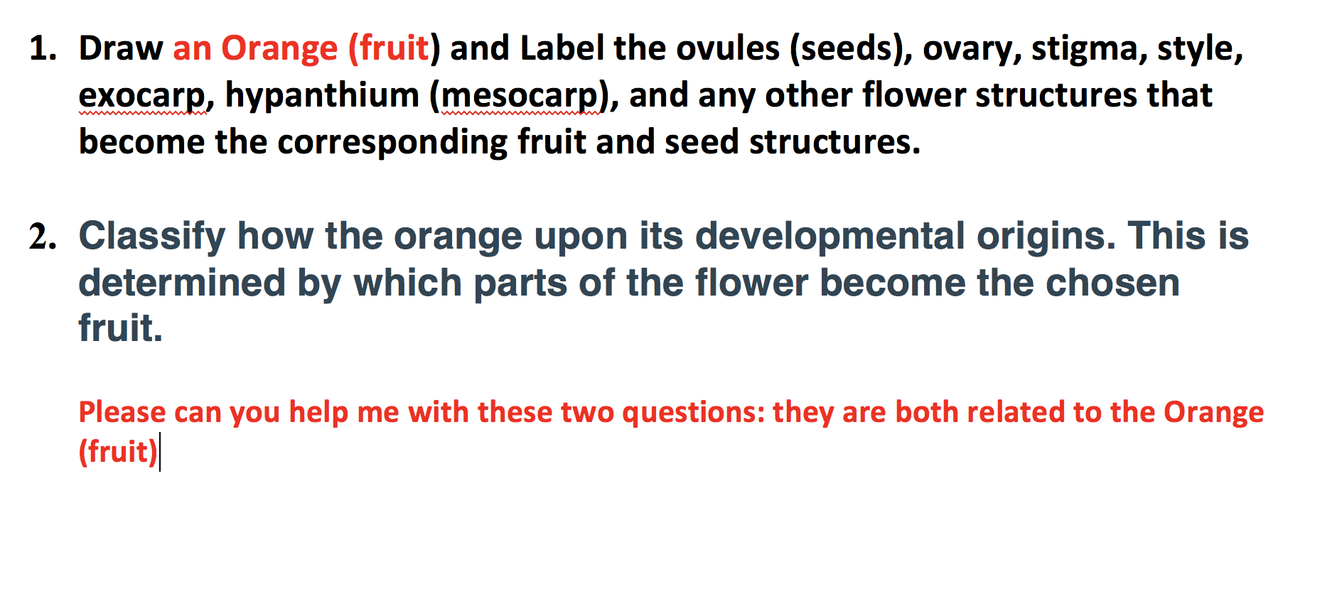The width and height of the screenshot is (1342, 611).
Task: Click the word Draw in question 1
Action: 121,49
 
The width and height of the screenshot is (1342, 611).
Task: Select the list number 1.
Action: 43,49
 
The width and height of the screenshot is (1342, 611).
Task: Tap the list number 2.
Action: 43,237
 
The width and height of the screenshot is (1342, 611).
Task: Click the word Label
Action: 562,49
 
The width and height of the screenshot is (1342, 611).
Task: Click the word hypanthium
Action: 322,96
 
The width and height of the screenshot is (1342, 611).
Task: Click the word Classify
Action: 151,237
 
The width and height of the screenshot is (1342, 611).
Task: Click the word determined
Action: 182,283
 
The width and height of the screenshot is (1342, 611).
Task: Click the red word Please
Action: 122,413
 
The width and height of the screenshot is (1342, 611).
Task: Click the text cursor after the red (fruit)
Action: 161,452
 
